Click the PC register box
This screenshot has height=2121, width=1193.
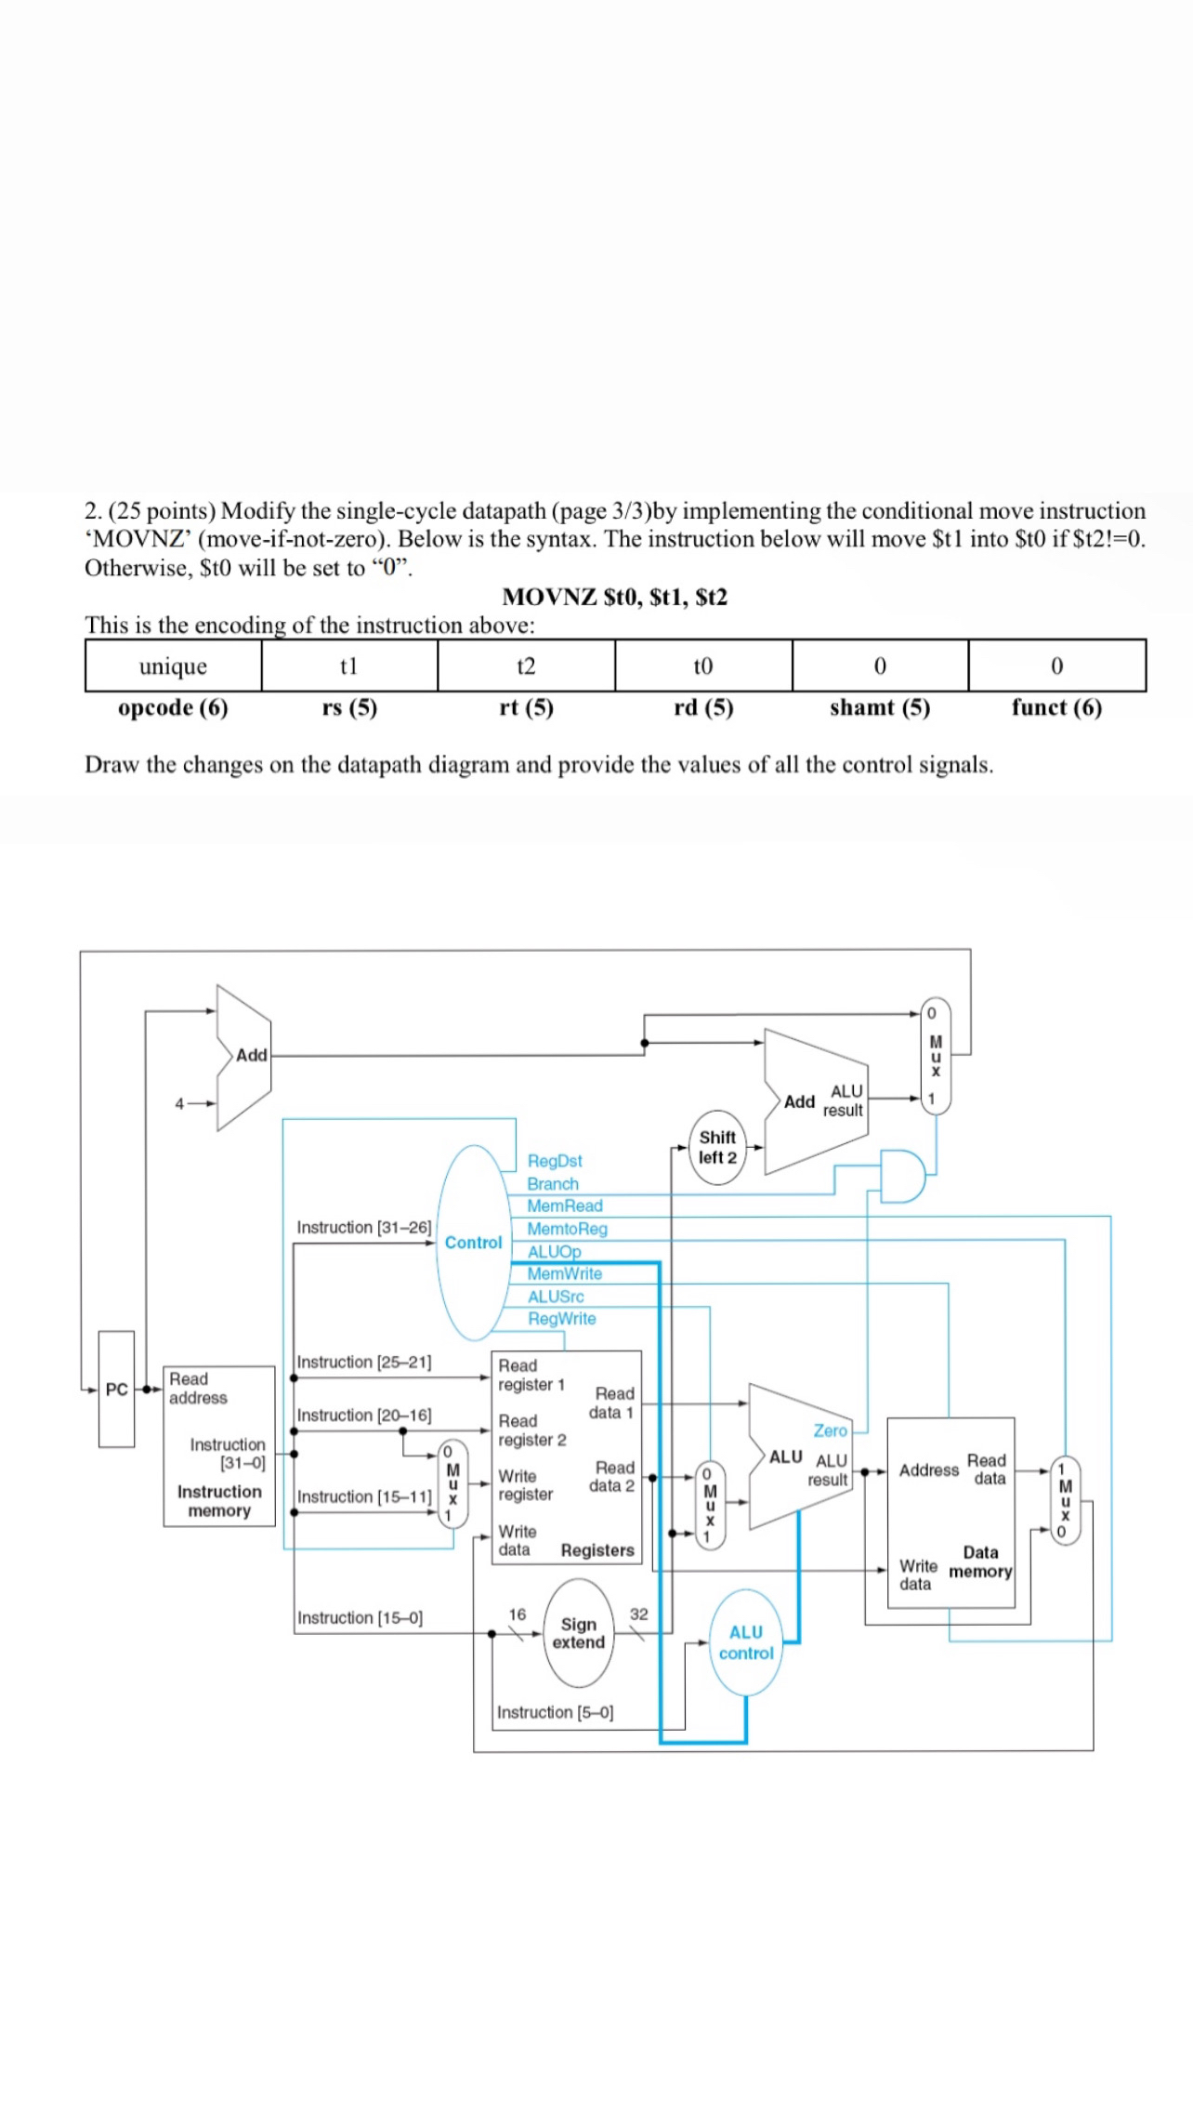(x=116, y=1389)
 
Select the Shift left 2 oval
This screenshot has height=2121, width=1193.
(x=717, y=1147)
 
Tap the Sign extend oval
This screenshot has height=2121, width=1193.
(x=578, y=1633)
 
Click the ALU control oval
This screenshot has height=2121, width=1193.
(x=746, y=1642)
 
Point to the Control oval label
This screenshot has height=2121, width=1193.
(x=473, y=1243)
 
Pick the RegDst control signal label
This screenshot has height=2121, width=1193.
(x=555, y=1161)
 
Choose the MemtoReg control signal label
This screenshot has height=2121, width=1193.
(x=567, y=1229)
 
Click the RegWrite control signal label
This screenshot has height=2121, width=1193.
(x=561, y=1319)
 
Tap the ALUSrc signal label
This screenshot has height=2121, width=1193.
(x=556, y=1297)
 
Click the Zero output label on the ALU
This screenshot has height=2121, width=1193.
(x=831, y=1430)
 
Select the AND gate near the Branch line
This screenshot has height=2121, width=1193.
(x=902, y=1176)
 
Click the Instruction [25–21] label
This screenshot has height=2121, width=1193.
(x=364, y=1362)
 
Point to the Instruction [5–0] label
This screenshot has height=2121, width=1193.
(x=556, y=1712)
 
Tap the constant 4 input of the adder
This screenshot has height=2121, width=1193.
(x=179, y=1103)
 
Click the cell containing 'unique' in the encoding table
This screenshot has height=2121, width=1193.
(x=173, y=665)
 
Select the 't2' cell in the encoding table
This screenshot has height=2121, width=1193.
(x=526, y=665)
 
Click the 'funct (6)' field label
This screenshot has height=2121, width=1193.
(x=1056, y=707)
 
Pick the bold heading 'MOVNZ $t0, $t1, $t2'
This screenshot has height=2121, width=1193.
(x=615, y=597)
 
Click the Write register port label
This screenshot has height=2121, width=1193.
(x=525, y=1485)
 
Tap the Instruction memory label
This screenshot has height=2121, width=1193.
(x=219, y=1501)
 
